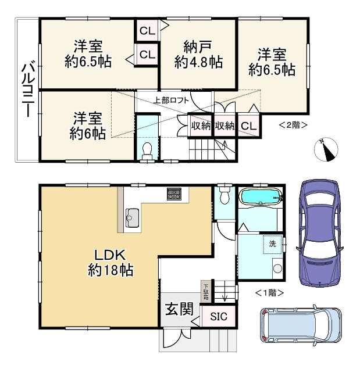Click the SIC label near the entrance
(219, 317)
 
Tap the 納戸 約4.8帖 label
(198, 53)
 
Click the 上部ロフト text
(172, 99)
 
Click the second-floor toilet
(147, 149)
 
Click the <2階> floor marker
(293, 124)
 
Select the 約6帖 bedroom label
(87, 126)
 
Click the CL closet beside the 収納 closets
(248, 126)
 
